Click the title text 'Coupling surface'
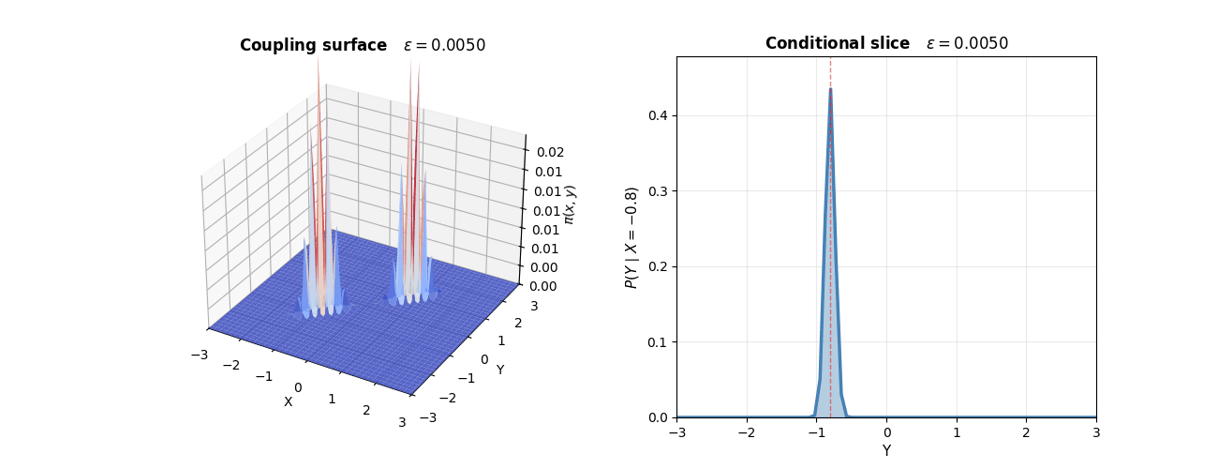pyautogui.click(x=313, y=45)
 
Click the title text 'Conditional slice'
pyautogui.click(x=837, y=43)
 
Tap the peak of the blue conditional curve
pyautogui.click(x=830, y=89)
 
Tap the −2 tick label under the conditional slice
pyautogui.click(x=746, y=434)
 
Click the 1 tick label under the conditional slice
pyautogui.click(x=957, y=434)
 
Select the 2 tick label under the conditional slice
pyautogui.click(x=1026, y=434)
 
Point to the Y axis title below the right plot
pyautogui.click(x=886, y=451)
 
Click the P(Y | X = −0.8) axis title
pyautogui.click(x=631, y=237)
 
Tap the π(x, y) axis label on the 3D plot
pyautogui.click(x=570, y=204)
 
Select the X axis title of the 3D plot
pyautogui.click(x=288, y=401)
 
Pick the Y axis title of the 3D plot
pyautogui.click(x=499, y=370)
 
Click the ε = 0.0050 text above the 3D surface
pyautogui.click(x=444, y=45)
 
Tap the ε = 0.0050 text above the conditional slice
pyautogui.click(x=967, y=43)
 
